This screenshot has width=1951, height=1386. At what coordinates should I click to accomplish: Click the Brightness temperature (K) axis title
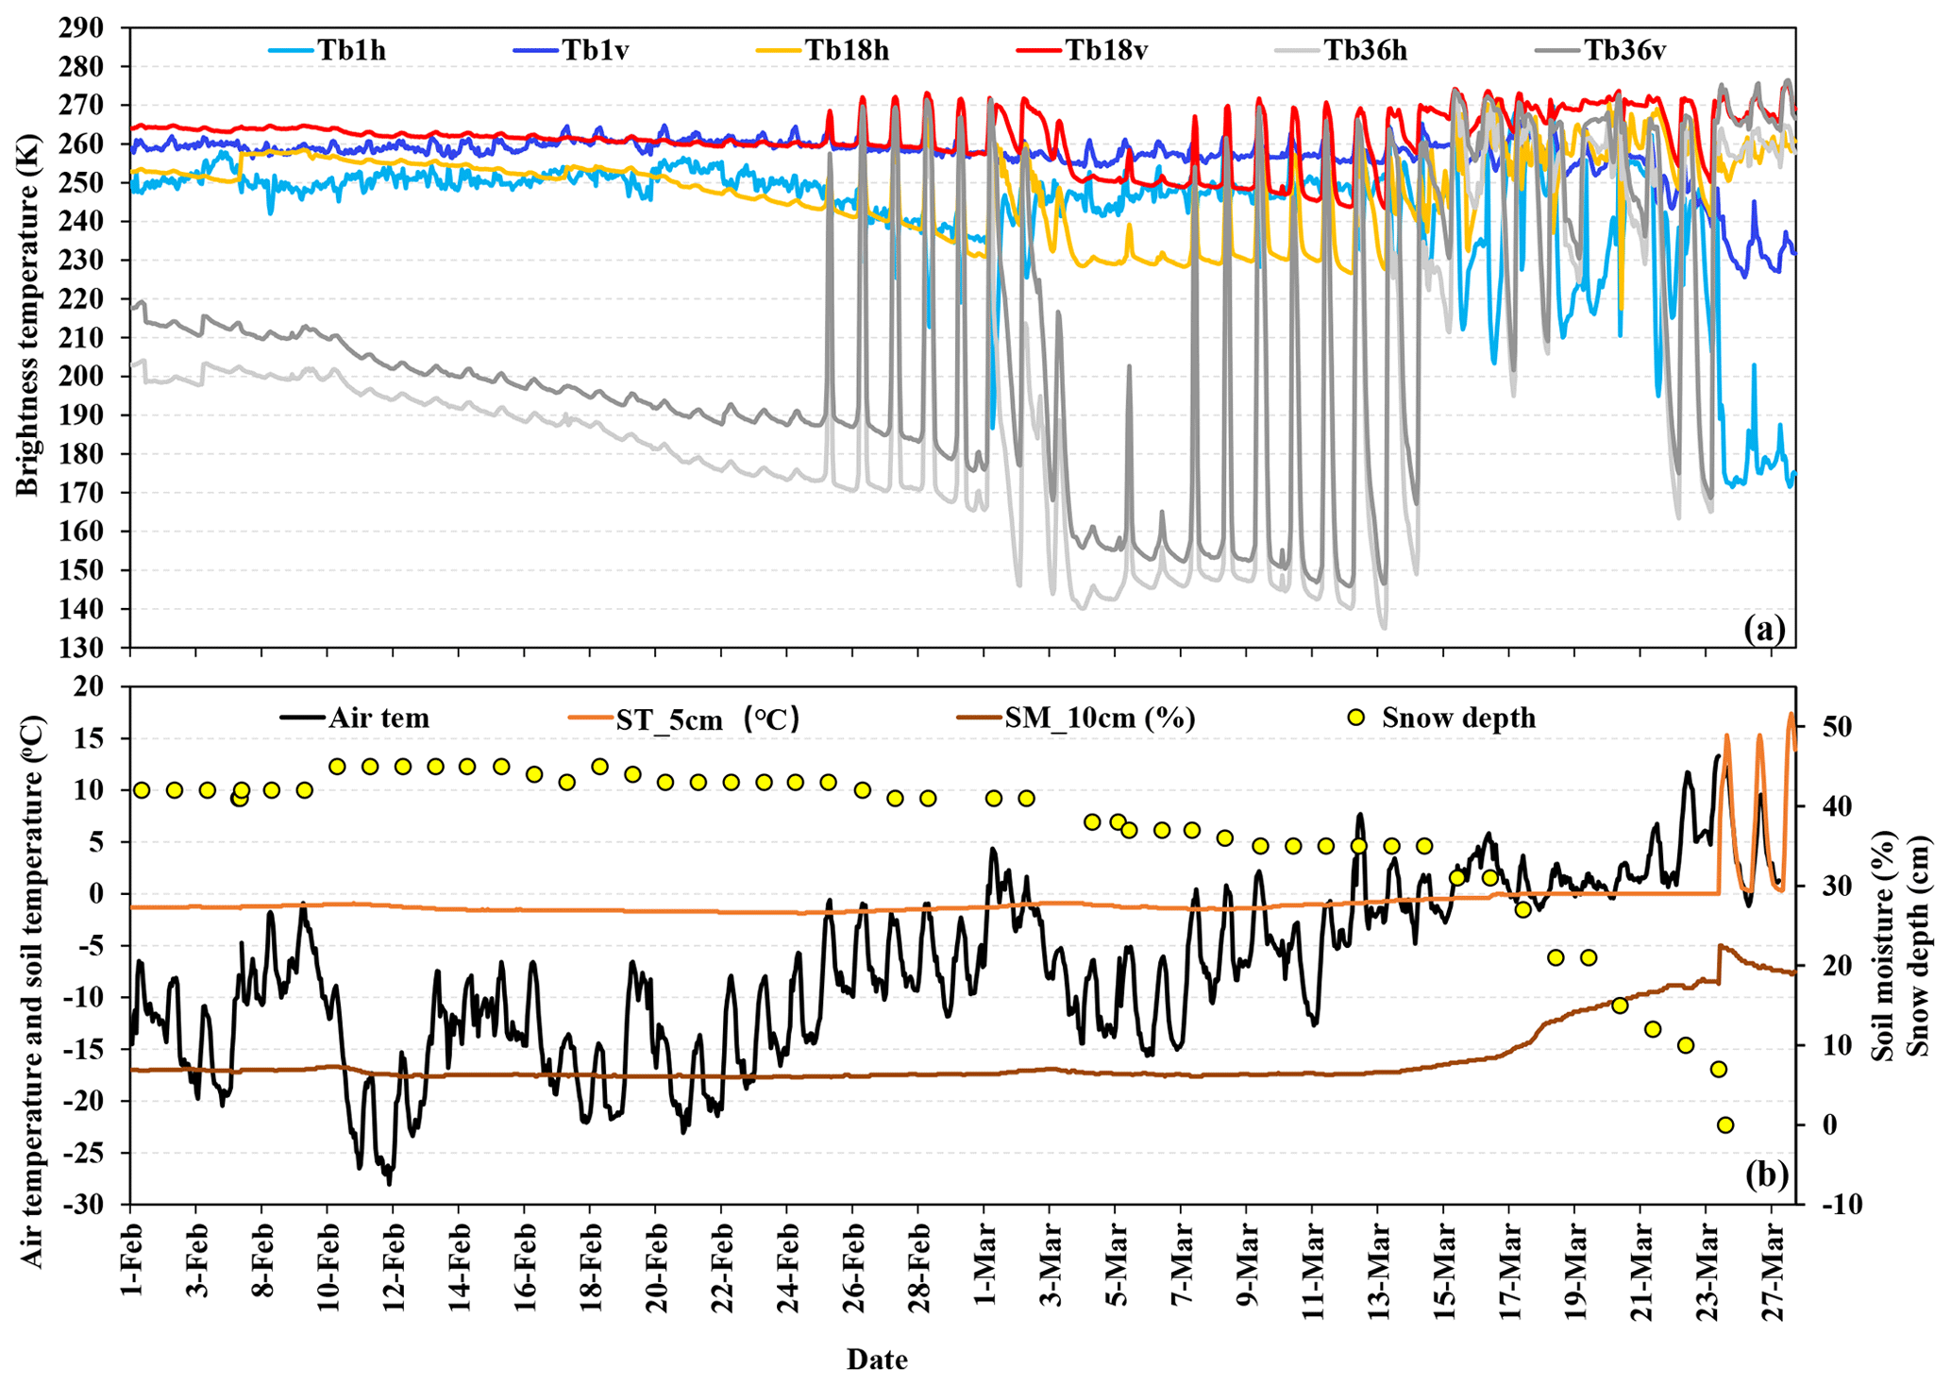28,337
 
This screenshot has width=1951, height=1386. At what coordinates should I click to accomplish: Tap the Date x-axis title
877,1360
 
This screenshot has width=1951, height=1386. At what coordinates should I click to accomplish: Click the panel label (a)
1764,628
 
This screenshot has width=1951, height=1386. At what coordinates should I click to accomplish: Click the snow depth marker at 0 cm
1725,1124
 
